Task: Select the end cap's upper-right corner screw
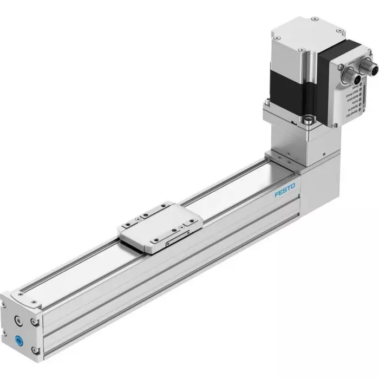coord(36,322)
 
